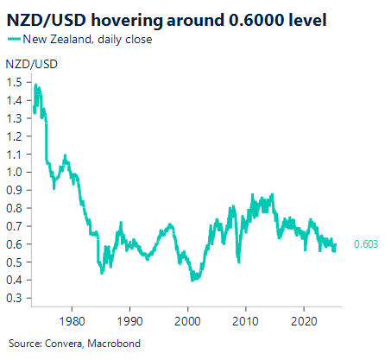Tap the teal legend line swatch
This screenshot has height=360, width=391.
pyautogui.click(x=15, y=40)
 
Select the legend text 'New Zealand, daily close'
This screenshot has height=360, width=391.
pyautogui.click(x=87, y=40)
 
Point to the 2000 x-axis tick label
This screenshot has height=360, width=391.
pyautogui.click(x=187, y=317)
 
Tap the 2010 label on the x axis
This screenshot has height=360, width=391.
pyautogui.click(x=246, y=317)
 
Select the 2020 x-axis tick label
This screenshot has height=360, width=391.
pyautogui.click(x=304, y=317)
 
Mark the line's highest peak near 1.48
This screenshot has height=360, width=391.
pyautogui.click(x=35, y=85)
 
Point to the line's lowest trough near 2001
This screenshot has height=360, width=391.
pyautogui.click(x=193, y=281)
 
